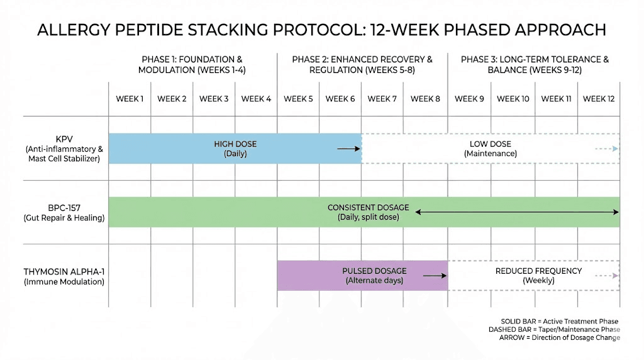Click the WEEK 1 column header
click(130, 99)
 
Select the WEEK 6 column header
click(340, 99)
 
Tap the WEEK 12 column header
click(598, 99)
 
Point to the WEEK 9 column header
click(469, 99)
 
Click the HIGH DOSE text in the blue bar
click(235, 144)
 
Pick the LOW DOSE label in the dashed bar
click(491, 144)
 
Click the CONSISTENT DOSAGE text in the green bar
click(368, 208)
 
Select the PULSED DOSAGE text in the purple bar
click(374, 271)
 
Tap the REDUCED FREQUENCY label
click(538, 271)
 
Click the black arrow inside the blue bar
click(348, 149)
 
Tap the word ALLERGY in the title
click(70, 30)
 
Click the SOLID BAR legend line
click(560, 321)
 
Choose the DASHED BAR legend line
click(554, 329)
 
